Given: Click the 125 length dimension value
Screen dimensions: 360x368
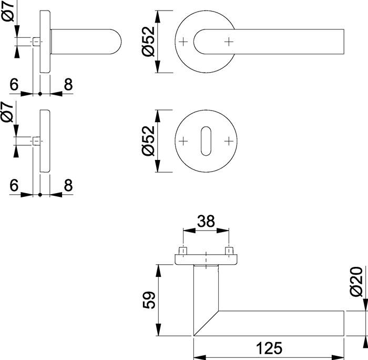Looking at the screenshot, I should (x=269, y=348).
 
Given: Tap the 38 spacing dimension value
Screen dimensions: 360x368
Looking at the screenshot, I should (x=206, y=222).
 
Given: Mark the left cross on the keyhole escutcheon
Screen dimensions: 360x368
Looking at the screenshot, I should (x=183, y=141).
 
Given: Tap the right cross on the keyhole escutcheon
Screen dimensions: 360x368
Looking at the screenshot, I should (x=229, y=141).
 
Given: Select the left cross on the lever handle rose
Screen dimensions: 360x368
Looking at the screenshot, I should (x=183, y=42).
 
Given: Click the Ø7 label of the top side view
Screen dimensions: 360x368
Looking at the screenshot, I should (x=7, y=11).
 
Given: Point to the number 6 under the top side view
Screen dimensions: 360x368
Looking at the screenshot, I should (x=14, y=84).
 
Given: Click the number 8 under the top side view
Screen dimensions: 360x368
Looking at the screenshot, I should (x=67, y=84).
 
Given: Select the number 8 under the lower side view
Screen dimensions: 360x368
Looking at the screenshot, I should (x=67, y=185).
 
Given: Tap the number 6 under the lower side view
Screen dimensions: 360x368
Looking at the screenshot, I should (x=14, y=185).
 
